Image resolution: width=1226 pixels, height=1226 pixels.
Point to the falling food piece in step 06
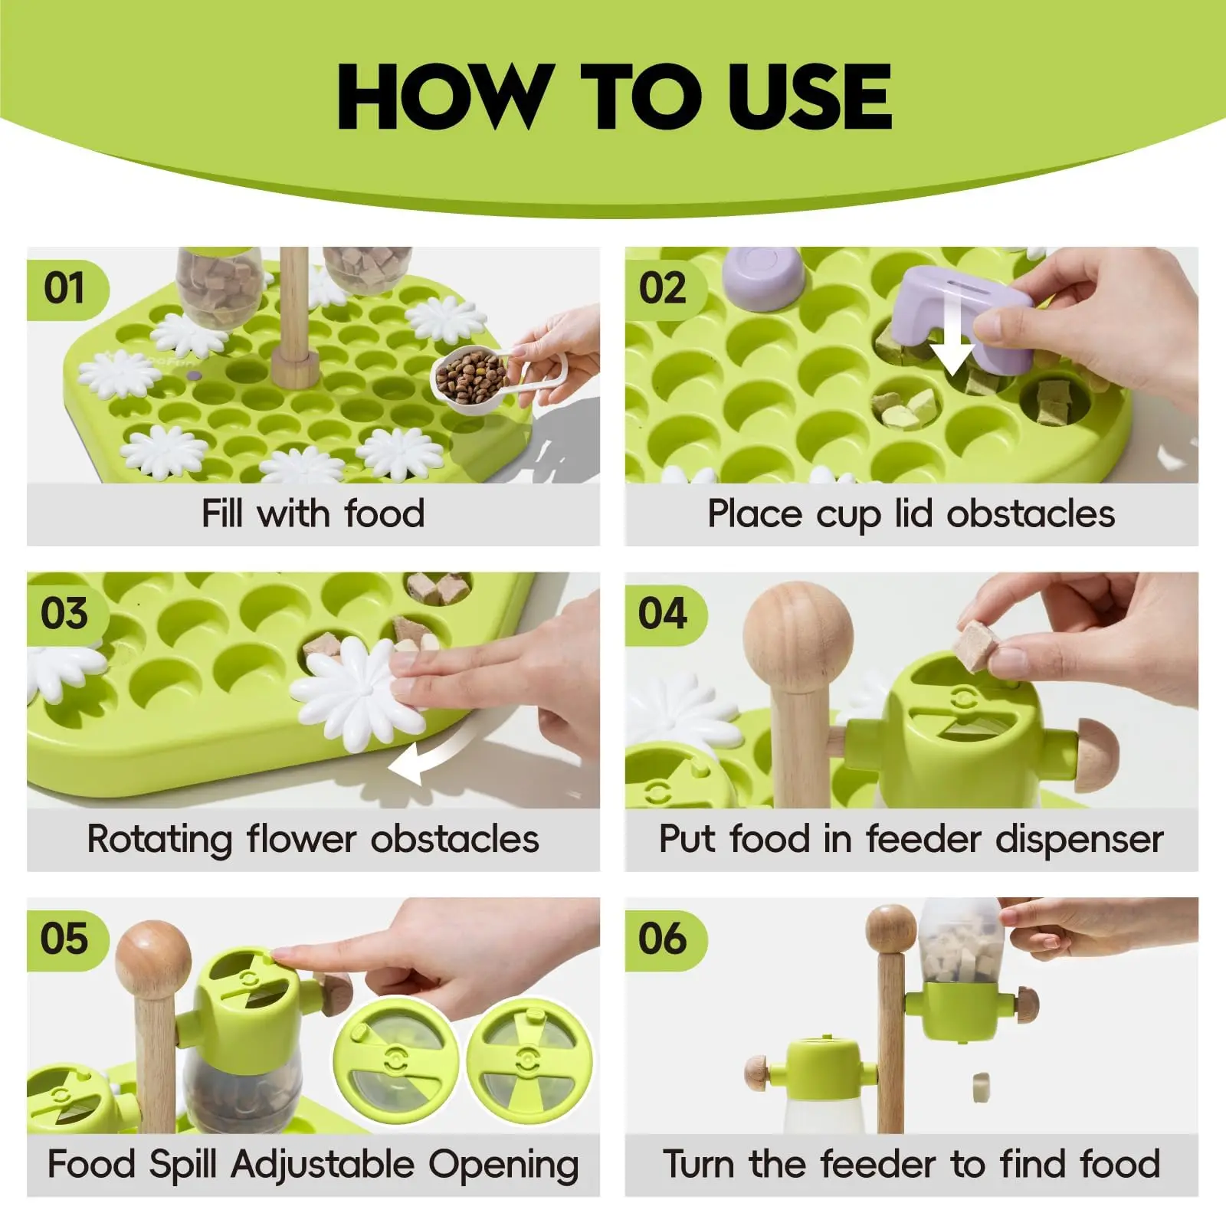click(x=980, y=1086)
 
